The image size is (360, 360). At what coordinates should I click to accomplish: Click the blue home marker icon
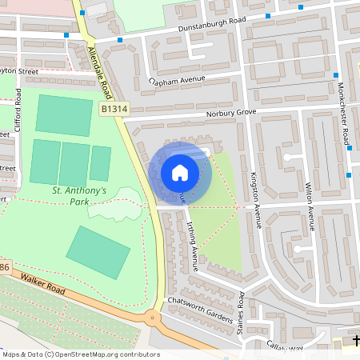(x=180, y=172)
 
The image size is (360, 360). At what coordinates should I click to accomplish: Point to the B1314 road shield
(x=114, y=107)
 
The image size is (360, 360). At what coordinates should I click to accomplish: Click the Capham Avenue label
(x=177, y=81)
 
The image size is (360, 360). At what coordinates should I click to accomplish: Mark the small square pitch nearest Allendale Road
(x=100, y=163)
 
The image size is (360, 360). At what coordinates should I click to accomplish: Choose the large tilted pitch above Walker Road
(x=98, y=252)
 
